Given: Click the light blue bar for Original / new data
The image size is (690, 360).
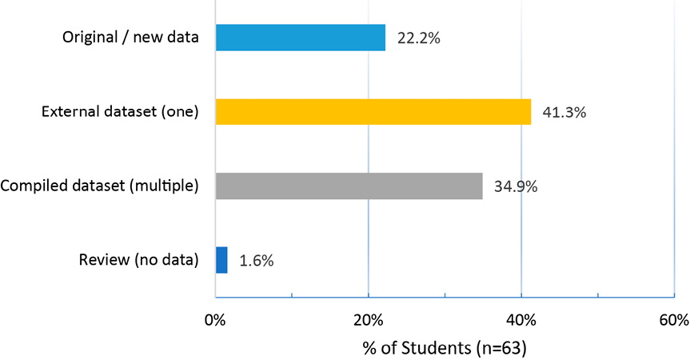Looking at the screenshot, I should click(301, 38).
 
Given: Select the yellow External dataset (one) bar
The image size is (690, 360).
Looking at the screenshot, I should click(373, 112).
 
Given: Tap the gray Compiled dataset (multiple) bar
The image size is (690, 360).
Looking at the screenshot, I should click(349, 186).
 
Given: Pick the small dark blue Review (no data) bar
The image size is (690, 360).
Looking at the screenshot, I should click(221, 260).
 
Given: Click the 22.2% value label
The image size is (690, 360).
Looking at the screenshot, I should click(419, 38).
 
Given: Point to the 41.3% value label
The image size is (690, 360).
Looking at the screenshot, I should click(564, 113).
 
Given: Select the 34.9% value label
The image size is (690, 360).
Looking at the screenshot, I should click(516, 187).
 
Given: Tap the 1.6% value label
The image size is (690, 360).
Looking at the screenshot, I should click(257, 261).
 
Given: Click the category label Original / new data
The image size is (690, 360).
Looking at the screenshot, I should click(130, 38).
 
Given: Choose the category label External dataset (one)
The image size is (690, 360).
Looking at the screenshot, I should click(120, 112).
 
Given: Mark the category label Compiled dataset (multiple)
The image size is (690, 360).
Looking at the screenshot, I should click(99, 186).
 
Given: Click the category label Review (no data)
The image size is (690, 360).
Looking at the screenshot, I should click(138, 260).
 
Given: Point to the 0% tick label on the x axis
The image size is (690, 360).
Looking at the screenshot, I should click(215, 321).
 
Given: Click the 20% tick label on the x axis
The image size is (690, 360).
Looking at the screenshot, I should click(368, 321).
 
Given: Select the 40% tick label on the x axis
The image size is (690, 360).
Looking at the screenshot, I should click(520, 321).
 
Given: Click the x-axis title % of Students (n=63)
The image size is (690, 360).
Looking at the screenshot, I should click(445, 348).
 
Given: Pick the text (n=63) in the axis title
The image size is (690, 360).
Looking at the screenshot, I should click(501, 348).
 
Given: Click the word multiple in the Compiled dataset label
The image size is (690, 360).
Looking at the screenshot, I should click(164, 186).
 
